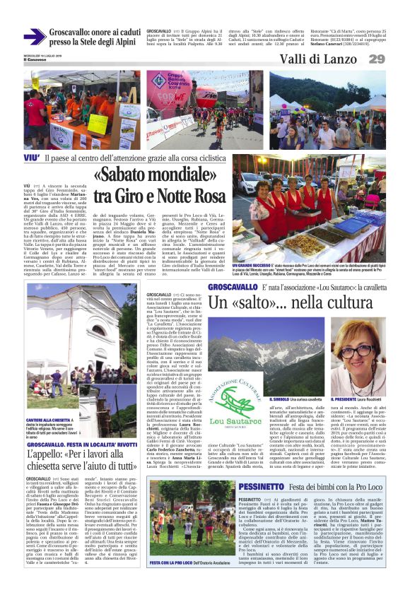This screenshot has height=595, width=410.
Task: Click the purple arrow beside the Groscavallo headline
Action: coord(34,36)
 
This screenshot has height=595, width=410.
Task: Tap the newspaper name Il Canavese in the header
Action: coord(33,58)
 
